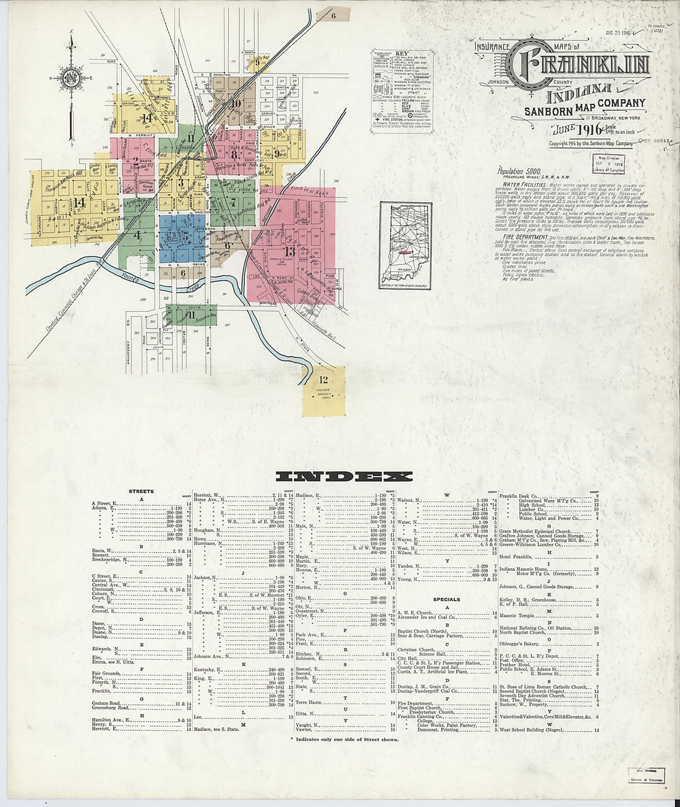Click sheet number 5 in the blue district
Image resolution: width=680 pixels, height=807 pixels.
coord(184,235)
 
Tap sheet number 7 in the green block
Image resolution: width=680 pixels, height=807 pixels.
coord(233,202)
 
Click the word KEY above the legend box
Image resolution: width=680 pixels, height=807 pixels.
coord(400,54)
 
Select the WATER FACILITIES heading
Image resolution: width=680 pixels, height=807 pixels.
coord(523,185)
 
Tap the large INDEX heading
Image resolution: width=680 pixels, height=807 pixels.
coord(344,476)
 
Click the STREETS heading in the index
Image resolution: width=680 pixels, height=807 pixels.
coord(141,492)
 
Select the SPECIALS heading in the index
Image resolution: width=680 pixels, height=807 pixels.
coord(446,599)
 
